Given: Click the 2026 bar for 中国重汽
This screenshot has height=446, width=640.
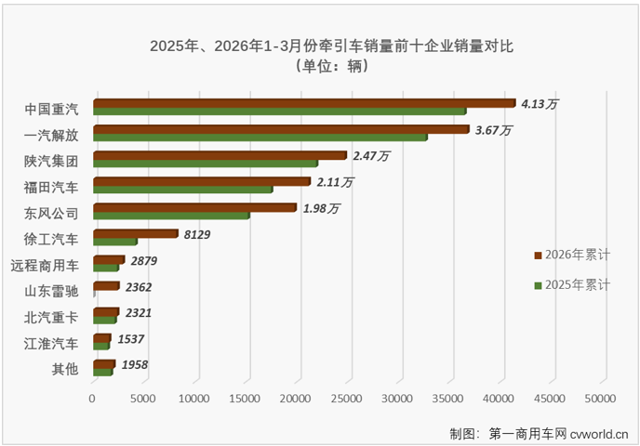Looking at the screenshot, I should (303, 103).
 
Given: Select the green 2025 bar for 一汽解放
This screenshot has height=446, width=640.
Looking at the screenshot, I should (260, 137).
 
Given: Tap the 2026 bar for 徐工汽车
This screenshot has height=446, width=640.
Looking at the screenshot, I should (135, 233).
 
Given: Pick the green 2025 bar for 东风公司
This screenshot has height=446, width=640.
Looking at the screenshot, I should (171, 216).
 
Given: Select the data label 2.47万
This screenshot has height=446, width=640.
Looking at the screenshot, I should (371, 157).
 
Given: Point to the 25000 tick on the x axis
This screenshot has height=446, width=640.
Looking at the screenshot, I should (347, 399).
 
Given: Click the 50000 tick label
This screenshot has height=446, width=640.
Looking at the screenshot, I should (601, 399).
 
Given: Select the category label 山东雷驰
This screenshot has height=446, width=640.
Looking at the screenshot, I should (52, 292).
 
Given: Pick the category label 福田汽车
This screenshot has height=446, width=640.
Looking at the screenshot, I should (52, 187).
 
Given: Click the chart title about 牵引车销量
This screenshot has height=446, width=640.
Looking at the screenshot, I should (319, 45).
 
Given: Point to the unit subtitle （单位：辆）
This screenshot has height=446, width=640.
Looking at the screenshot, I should (319, 66).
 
